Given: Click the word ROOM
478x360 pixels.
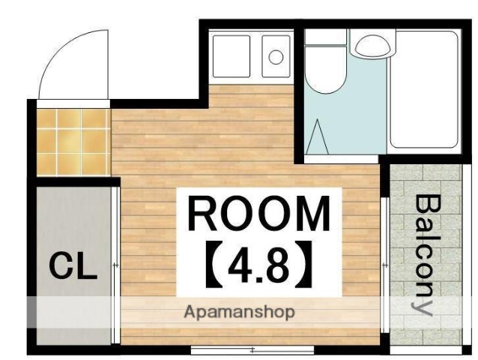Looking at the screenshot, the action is [x=259, y=213].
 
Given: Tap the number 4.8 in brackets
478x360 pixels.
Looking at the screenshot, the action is [x=258, y=265].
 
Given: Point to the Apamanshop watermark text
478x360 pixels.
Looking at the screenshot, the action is [x=239, y=312].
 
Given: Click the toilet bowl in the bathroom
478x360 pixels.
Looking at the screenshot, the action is [x=324, y=70].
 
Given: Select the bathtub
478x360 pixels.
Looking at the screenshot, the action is [x=424, y=89].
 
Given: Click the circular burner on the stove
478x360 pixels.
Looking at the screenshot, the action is [x=276, y=57].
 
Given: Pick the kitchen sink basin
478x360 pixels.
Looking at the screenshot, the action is [x=232, y=56].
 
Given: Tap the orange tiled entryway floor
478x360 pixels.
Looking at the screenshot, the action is [x=73, y=142].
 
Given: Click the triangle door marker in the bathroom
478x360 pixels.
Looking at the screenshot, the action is [x=318, y=136].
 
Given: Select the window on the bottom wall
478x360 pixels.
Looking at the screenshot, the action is [x=252, y=349].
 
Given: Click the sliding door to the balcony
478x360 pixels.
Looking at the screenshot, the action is [x=384, y=265].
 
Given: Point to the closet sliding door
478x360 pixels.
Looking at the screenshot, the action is [x=115, y=265].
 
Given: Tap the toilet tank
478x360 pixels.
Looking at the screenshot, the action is [x=326, y=37].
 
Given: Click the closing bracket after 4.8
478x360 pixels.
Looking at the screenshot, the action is [x=304, y=264].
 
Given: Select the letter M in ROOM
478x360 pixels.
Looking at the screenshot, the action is [x=313, y=213].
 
